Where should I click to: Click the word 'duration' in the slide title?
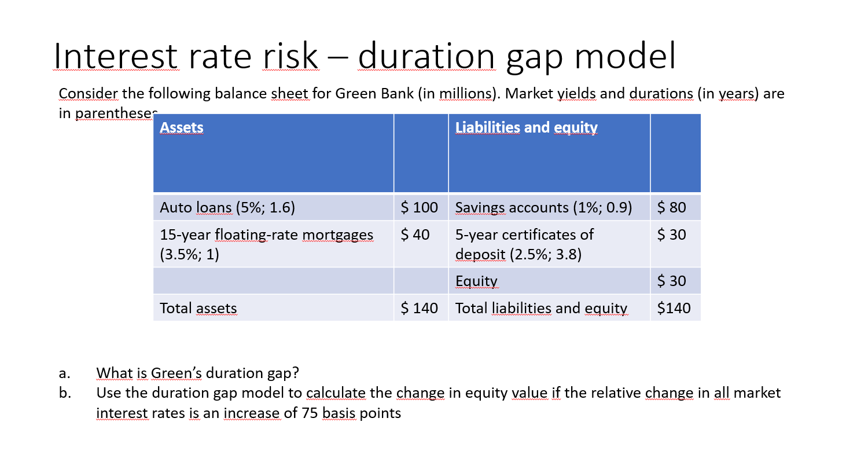(x=426, y=57)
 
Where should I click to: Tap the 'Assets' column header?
(x=182, y=127)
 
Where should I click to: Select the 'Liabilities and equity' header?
(x=526, y=127)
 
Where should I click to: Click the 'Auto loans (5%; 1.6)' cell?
(x=227, y=207)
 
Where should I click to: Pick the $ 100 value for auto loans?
(x=420, y=207)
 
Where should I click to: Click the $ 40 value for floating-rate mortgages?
(x=415, y=234)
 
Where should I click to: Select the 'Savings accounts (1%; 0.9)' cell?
(x=543, y=207)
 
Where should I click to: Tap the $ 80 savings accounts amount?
(x=672, y=207)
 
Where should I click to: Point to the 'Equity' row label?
(x=476, y=281)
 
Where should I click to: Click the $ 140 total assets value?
(x=420, y=308)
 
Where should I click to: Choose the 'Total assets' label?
(x=198, y=308)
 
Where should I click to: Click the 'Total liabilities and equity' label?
(x=541, y=308)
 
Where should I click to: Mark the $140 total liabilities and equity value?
(x=674, y=308)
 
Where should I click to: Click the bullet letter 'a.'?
(x=64, y=373)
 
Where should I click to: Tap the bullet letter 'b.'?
(x=65, y=393)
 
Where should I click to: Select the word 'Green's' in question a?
(x=176, y=373)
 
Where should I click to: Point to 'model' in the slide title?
(x=625, y=57)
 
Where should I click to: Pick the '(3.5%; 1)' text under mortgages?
(x=189, y=254)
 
